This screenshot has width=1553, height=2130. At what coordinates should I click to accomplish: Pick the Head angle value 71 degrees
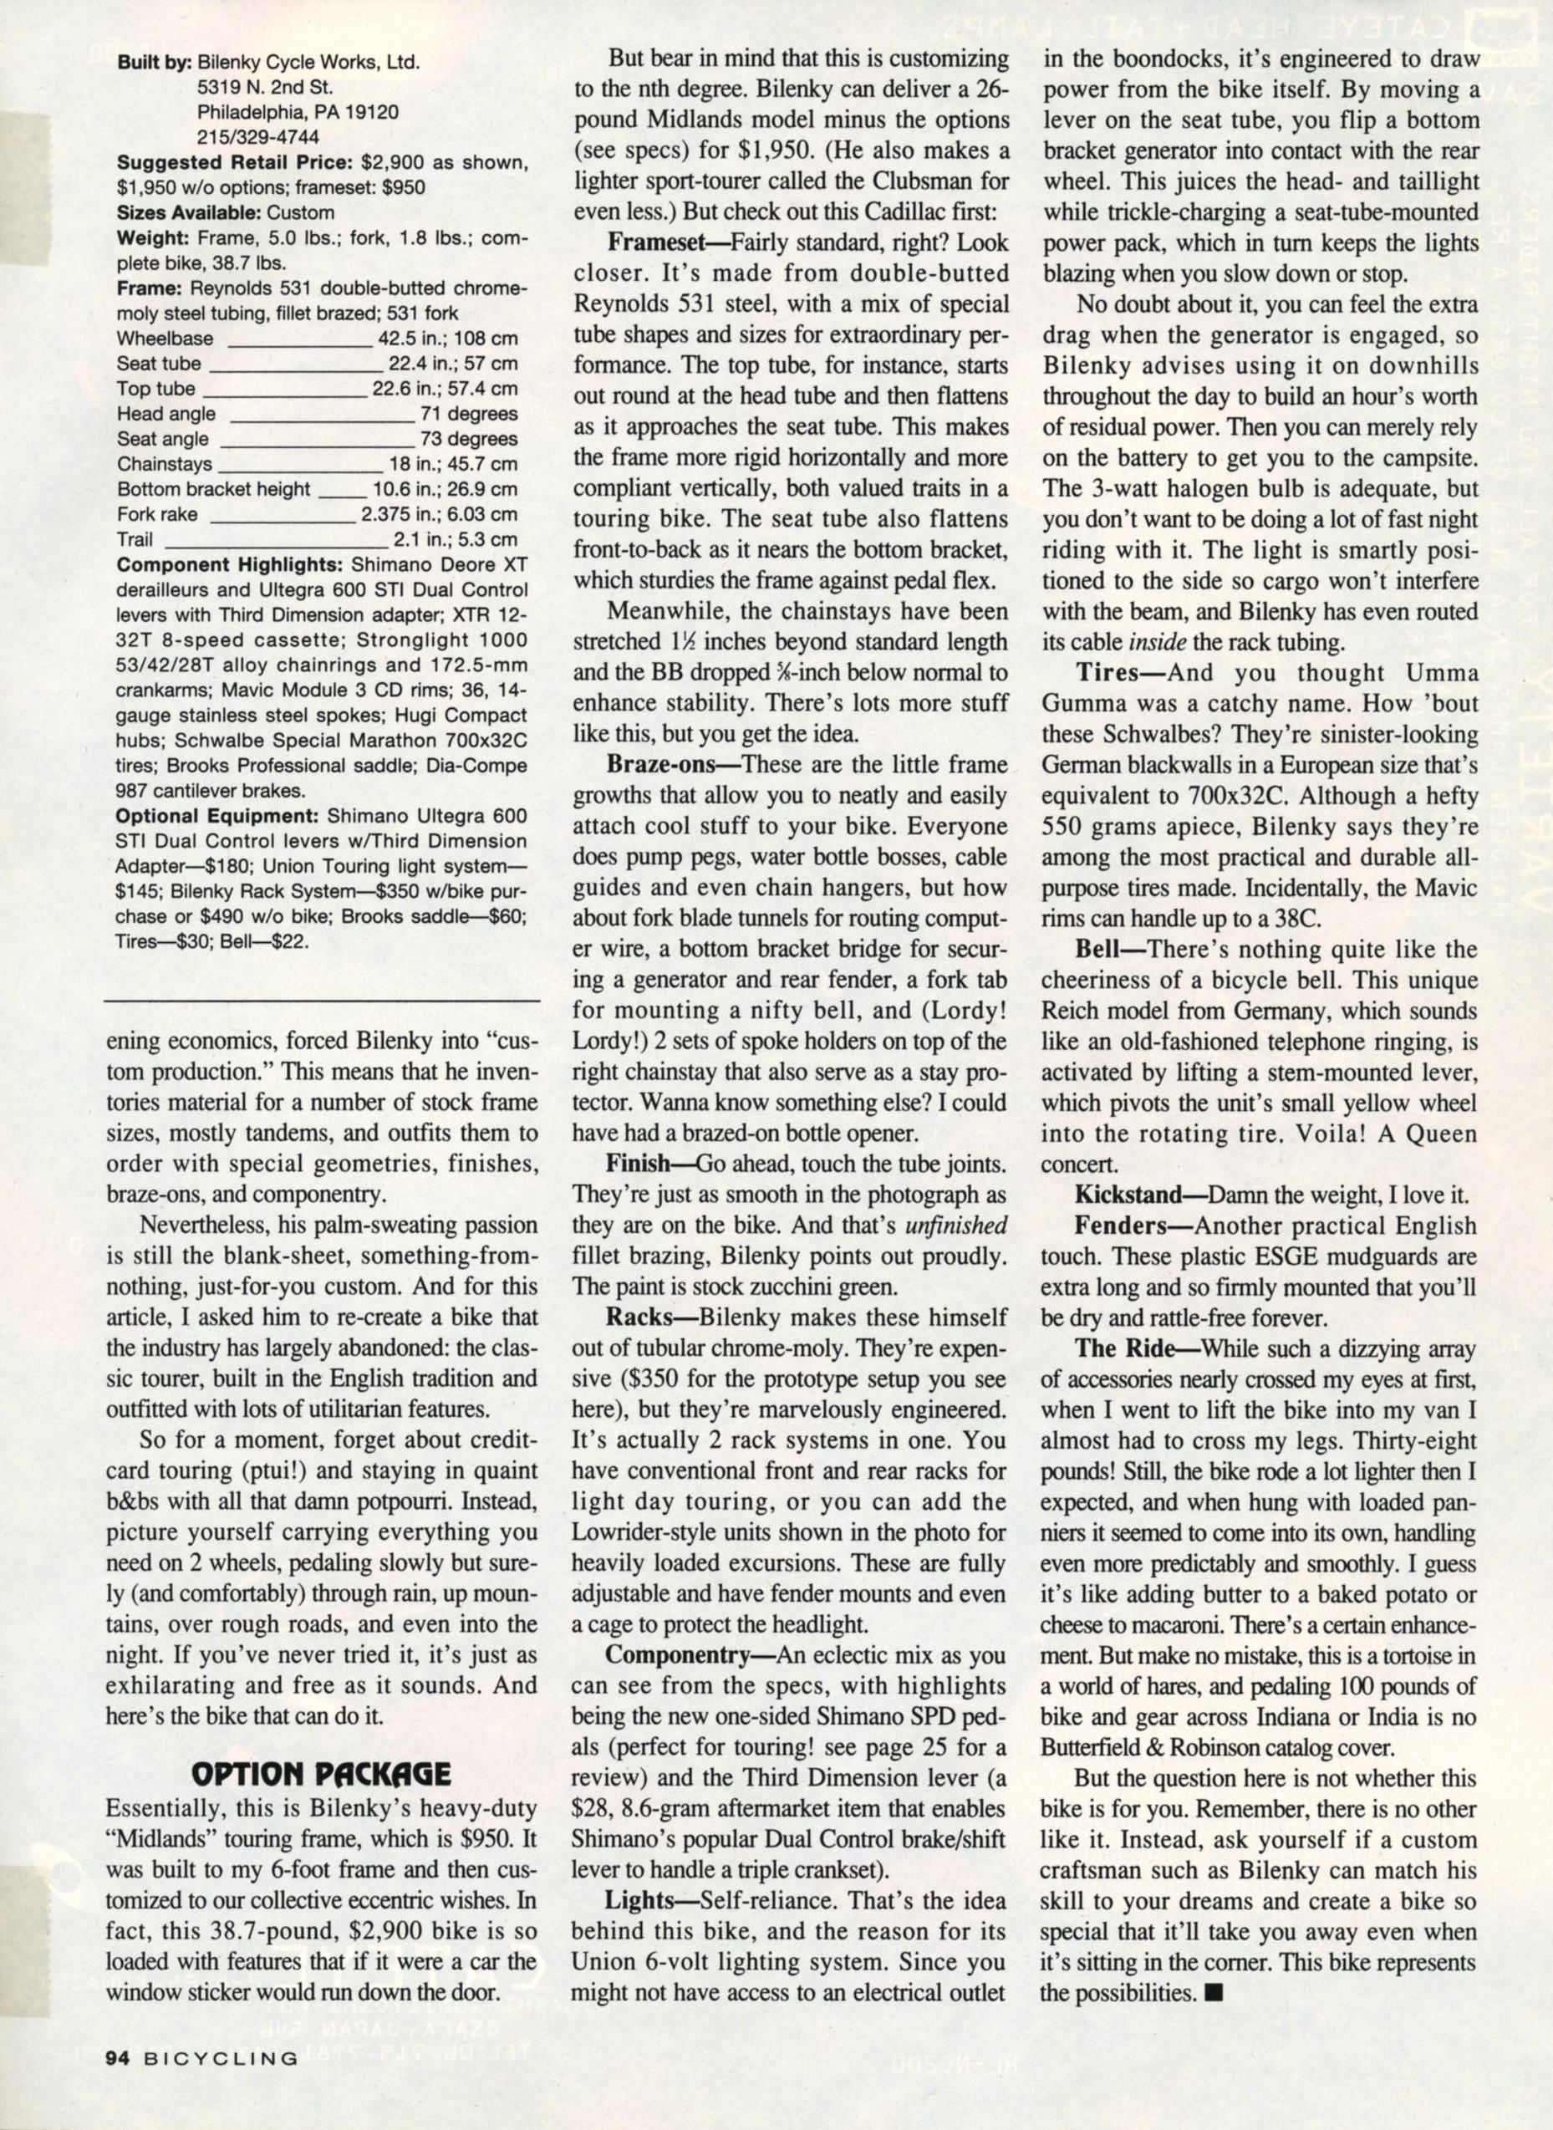pyautogui.click(x=470, y=414)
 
